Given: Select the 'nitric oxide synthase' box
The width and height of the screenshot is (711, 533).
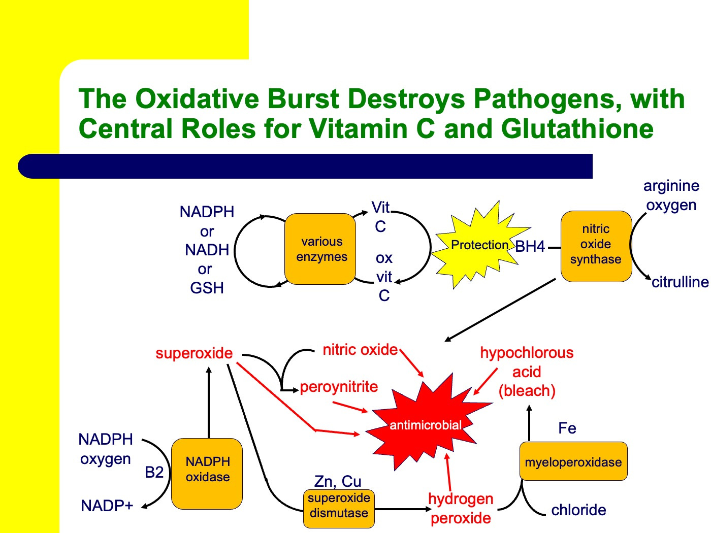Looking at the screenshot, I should click(596, 246).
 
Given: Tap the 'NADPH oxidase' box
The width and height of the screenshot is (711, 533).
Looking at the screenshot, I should click(207, 473).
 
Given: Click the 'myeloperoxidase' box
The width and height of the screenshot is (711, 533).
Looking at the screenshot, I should click(573, 461).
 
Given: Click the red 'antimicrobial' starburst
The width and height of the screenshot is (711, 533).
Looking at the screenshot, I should click(426, 424).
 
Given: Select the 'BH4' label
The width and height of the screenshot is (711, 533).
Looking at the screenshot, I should click(530, 247).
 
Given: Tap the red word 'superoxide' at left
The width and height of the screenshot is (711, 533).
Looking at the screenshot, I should click(194, 353).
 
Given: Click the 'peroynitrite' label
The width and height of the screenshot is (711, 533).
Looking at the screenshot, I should click(339, 387).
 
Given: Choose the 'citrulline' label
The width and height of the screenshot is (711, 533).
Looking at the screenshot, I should click(680, 282).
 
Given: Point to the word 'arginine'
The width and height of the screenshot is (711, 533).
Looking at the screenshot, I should click(671, 186).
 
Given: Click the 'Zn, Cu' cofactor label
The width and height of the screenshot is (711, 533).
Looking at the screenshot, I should click(338, 481).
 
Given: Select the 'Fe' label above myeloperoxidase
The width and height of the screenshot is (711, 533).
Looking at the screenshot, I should click(567, 428).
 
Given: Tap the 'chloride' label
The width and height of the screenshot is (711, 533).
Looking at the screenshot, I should click(578, 510).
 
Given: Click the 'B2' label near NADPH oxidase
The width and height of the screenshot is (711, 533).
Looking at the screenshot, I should click(154, 473).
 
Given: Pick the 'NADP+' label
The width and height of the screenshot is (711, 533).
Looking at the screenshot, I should click(107, 506).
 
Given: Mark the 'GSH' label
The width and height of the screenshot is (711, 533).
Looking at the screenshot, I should click(207, 288).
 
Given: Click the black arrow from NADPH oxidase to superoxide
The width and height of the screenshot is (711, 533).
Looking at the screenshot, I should click(209, 401).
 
